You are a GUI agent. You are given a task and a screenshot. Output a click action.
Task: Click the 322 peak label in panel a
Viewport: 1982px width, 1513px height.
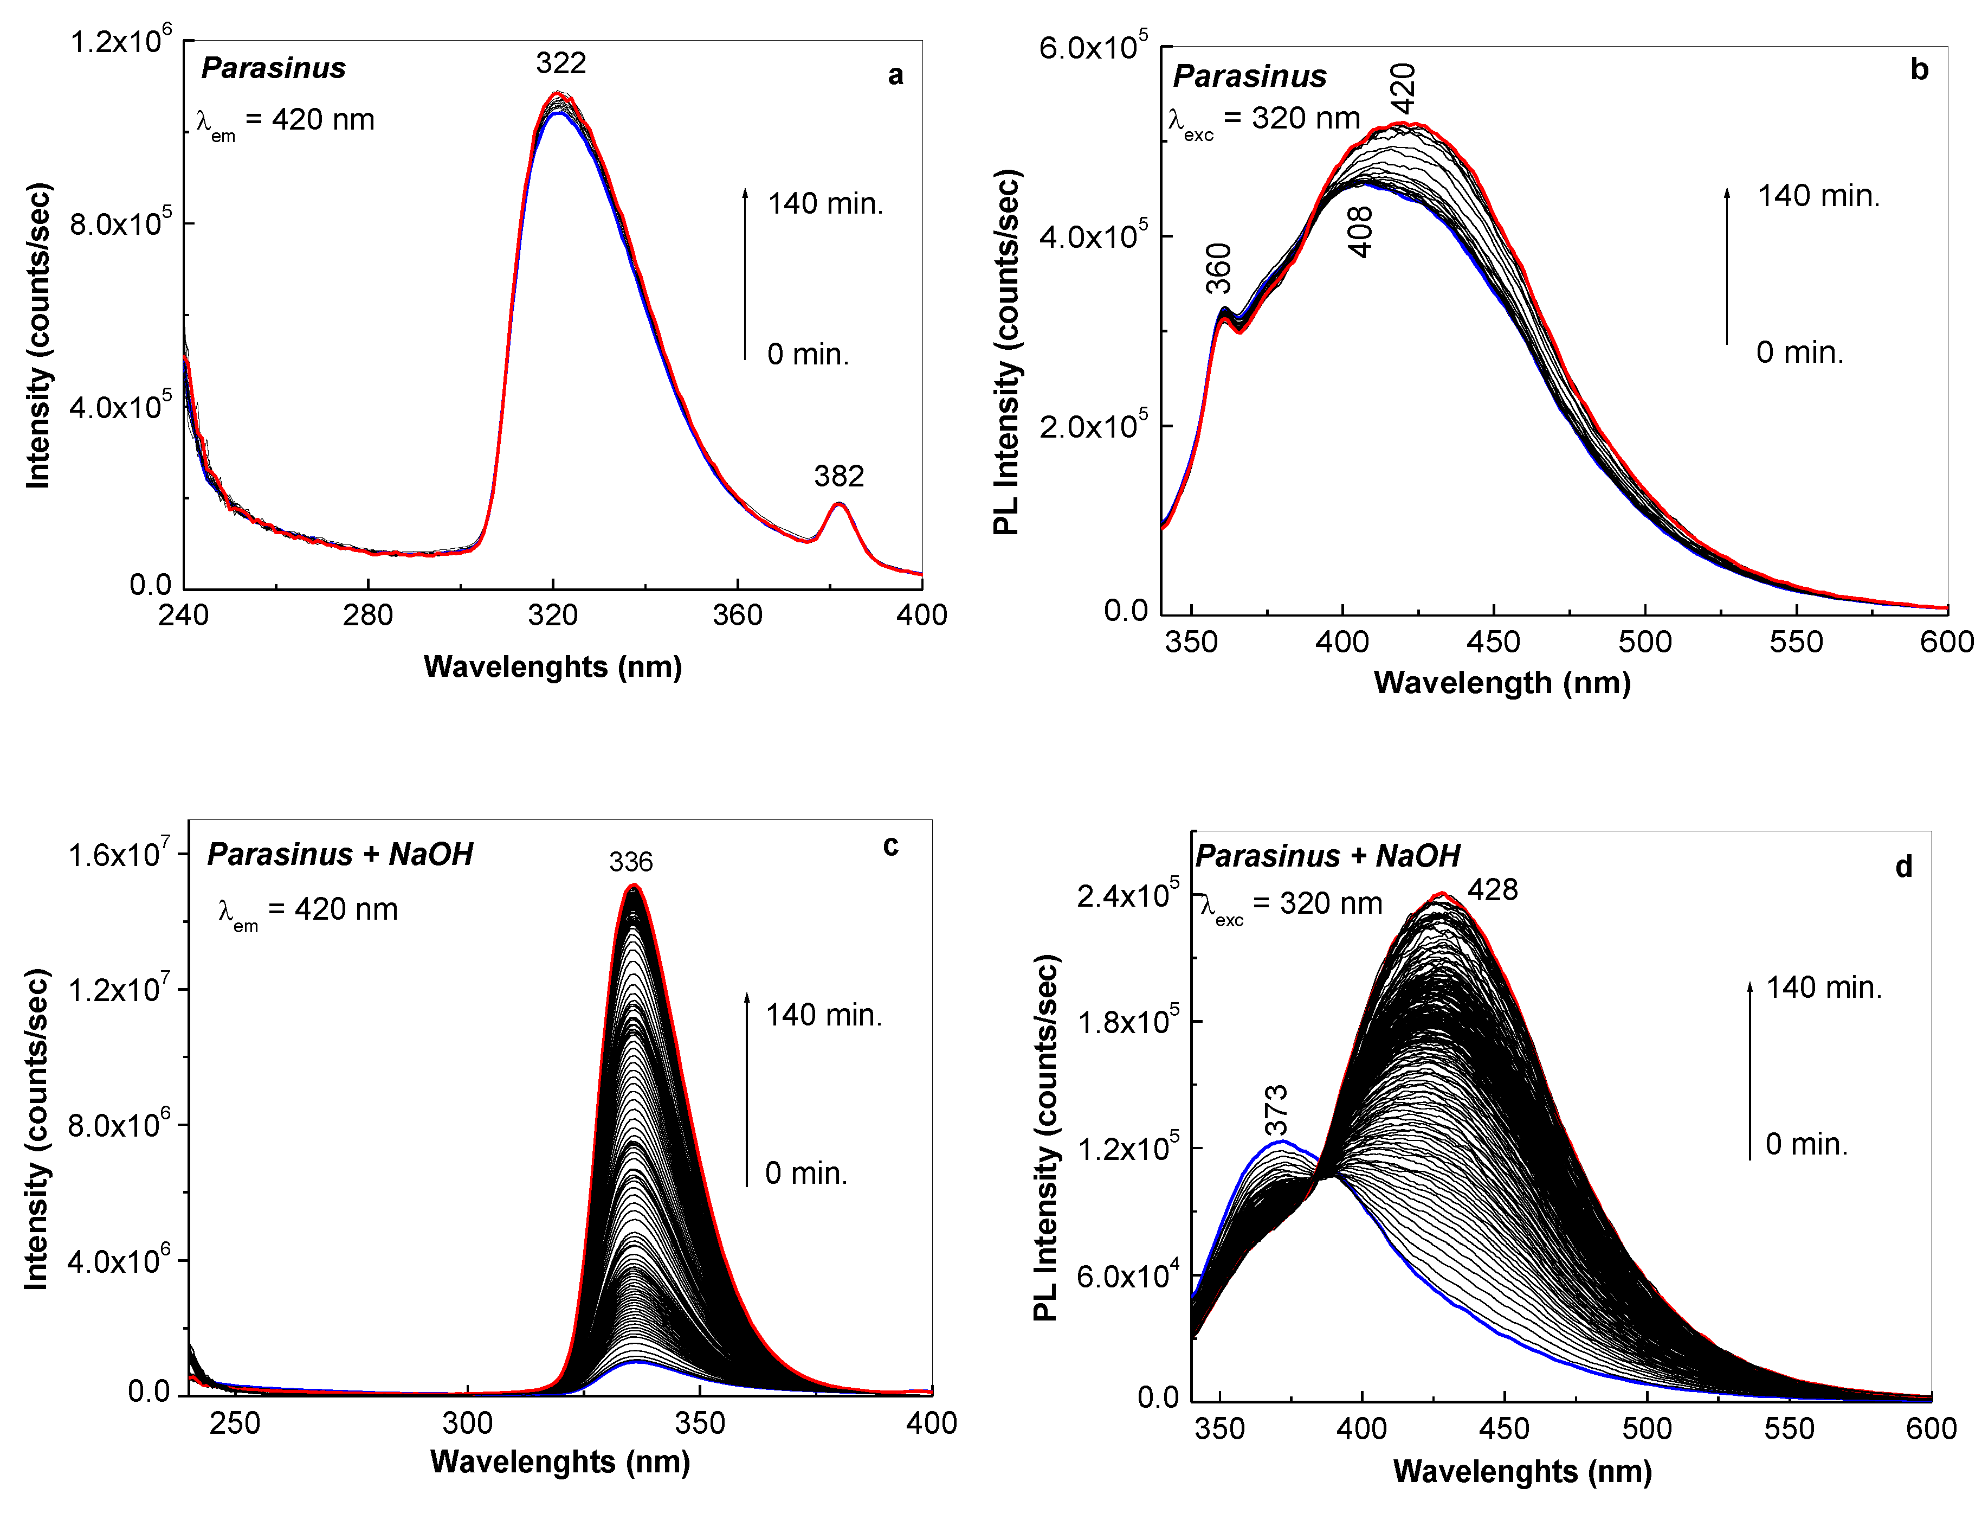pos(561,63)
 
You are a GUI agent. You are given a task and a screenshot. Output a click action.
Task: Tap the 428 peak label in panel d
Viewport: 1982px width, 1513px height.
pos(1493,890)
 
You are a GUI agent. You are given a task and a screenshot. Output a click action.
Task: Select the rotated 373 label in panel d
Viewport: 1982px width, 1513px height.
pos(1275,1111)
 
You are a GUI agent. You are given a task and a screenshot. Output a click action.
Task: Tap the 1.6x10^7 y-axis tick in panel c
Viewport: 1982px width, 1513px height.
pos(118,854)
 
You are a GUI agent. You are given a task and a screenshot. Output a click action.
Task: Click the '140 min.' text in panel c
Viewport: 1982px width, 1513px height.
pos(823,1015)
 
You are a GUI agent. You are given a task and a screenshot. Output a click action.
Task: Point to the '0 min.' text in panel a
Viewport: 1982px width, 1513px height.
pos(808,354)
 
